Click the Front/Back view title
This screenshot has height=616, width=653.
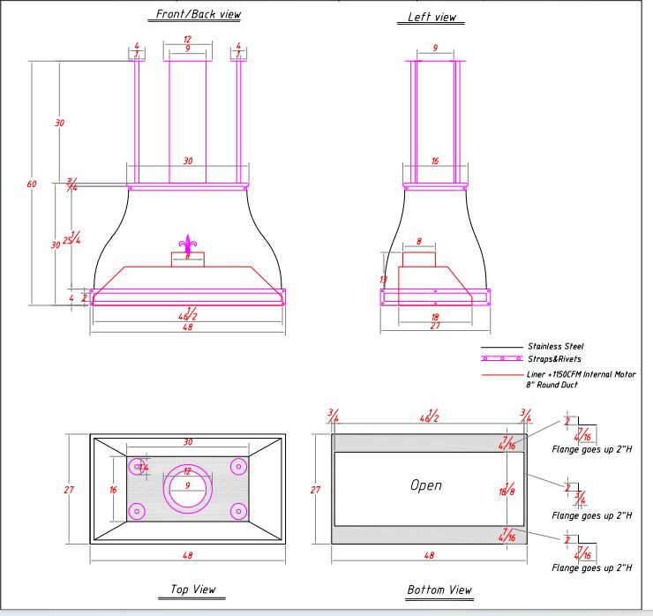(198, 14)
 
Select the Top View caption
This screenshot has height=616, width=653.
(192, 589)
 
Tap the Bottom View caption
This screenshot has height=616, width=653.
(439, 590)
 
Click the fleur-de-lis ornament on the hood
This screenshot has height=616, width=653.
(187, 244)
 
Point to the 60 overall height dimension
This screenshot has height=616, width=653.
(32, 184)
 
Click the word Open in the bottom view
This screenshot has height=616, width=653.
(425, 485)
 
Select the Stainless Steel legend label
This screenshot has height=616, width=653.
(555, 347)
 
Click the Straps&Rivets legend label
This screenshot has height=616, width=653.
(553, 359)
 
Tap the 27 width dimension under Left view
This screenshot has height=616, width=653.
(436, 327)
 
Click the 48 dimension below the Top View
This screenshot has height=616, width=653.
(187, 555)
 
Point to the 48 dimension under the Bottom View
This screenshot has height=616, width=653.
(428, 555)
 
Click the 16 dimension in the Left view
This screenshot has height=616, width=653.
(435, 162)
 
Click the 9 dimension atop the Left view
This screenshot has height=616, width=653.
(435, 48)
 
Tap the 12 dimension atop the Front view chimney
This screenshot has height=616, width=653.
(187, 40)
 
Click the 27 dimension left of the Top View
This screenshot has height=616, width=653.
(71, 490)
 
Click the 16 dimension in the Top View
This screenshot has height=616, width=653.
(113, 489)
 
